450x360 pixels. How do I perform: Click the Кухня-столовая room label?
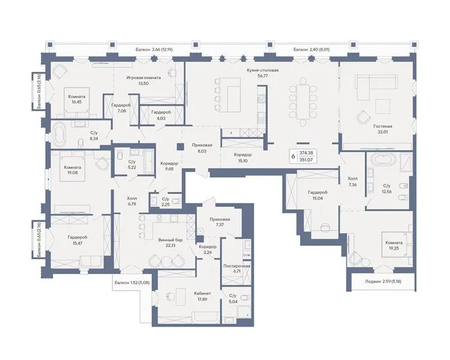point(262,70)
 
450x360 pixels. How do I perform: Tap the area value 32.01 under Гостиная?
point(383,132)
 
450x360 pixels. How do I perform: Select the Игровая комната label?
point(144,78)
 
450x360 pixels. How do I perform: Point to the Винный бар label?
point(171,240)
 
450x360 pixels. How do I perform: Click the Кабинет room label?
point(203,293)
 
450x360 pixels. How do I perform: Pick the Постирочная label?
point(237,266)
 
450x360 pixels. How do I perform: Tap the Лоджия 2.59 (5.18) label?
point(383,282)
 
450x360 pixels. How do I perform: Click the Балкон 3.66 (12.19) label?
point(154,50)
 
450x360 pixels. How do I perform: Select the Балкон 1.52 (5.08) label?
point(132,282)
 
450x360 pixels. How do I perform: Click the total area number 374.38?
point(306,153)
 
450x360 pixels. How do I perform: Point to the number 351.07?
point(306,160)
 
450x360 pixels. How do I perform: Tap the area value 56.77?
point(262,76)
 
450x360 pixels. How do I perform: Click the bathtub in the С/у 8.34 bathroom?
point(59,134)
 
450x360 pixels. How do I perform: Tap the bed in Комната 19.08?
point(73,167)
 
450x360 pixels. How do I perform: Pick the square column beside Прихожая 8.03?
point(180,146)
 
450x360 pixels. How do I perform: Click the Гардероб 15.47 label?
point(78,240)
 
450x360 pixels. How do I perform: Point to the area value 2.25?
point(165,204)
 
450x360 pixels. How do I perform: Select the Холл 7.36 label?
point(352,181)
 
